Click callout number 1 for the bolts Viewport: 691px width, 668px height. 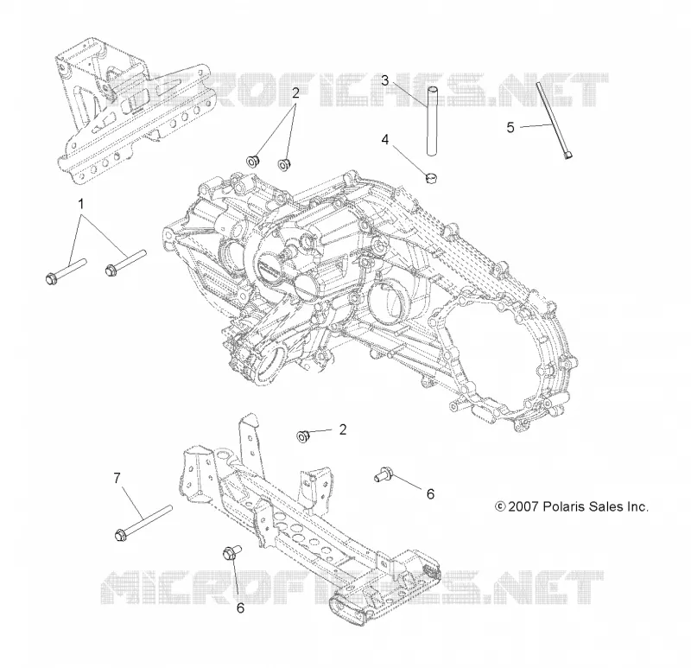click(80, 204)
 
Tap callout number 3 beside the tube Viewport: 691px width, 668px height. click(385, 80)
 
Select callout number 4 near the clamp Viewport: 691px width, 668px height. click(385, 140)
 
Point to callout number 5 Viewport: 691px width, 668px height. click(510, 127)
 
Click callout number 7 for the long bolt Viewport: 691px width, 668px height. click(117, 478)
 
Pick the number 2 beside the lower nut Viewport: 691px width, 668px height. click(343, 429)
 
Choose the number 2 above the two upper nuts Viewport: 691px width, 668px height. click(295, 92)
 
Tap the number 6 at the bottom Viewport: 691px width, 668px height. click(240, 608)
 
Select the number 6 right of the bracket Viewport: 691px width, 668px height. click(430, 493)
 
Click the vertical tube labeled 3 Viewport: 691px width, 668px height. click(432, 121)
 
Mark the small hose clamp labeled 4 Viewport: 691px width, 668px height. click(431, 178)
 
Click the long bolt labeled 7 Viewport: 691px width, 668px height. click(143, 523)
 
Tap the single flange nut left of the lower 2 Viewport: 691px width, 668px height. click(303, 436)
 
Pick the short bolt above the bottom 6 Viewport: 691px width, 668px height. click(232, 552)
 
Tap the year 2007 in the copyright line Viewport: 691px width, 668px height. click(523, 506)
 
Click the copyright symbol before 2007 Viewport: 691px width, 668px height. click(500, 506)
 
